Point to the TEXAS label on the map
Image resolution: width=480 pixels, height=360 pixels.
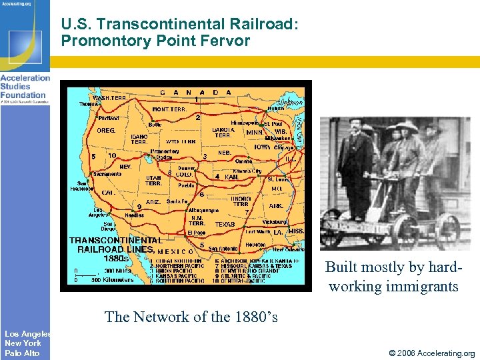[x=225, y=225]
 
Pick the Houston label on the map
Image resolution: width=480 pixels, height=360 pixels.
[x=255, y=245]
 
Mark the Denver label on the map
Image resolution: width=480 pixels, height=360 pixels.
[x=187, y=168]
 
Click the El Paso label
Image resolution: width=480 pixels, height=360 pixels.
[x=197, y=233]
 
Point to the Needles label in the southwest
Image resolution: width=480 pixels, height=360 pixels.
[x=134, y=215]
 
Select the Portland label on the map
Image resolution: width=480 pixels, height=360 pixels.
[x=109, y=118]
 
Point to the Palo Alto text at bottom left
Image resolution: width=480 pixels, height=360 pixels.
[x=22, y=353]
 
